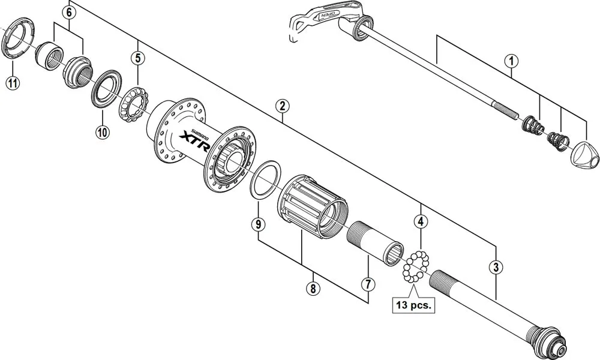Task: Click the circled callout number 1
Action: click(x=511, y=60)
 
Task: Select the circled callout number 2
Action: click(x=283, y=106)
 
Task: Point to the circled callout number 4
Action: click(x=422, y=221)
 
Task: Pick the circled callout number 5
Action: click(x=139, y=58)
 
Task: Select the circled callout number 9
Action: click(x=257, y=224)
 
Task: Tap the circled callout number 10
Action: click(x=101, y=133)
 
